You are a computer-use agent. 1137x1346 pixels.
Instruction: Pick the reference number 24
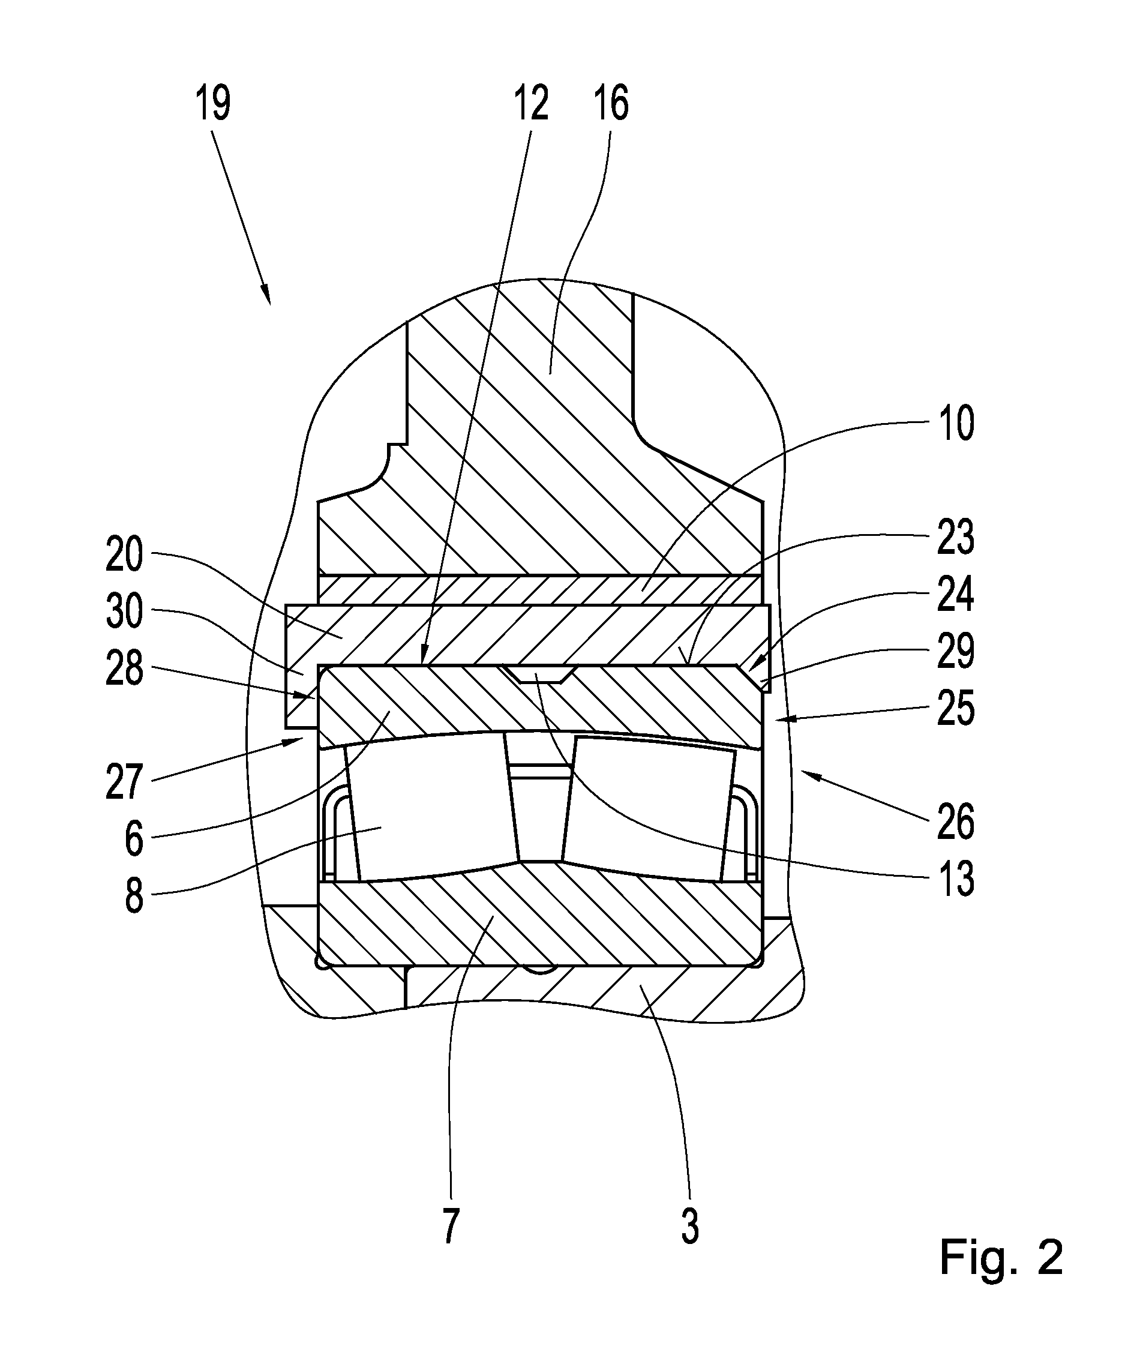tap(956, 594)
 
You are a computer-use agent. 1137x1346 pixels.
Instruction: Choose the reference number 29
tap(956, 651)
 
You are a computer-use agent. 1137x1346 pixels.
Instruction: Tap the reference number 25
tap(956, 709)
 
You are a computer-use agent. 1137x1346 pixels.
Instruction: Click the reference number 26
tap(956, 823)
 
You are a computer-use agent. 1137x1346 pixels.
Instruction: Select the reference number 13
tap(956, 879)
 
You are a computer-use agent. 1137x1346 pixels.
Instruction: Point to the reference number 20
tap(125, 555)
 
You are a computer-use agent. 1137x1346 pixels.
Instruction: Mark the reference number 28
tap(125, 669)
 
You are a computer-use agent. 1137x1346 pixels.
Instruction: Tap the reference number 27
tap(125, 783)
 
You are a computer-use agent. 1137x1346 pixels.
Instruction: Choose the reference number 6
tap(134, 840)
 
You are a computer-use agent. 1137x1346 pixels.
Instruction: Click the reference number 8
tap(134, 897)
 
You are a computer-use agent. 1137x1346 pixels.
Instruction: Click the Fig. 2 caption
tap(1001, 1257)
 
